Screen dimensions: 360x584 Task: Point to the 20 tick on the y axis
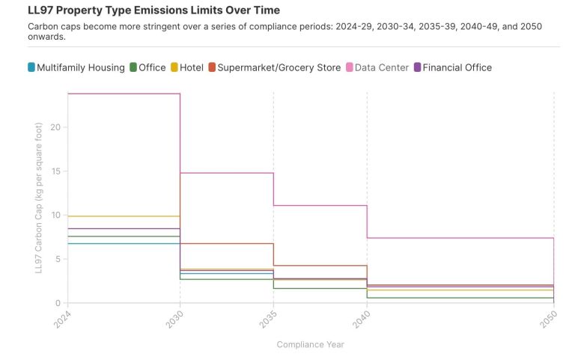click(54, 127)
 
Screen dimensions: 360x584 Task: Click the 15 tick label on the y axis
click(54, 171)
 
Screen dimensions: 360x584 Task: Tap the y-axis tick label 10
click(54, 216)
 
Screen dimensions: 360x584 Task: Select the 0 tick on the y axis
click(56, 304)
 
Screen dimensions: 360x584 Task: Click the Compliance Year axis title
click(311, 344)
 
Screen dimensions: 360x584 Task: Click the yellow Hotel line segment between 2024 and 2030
click(124, 216)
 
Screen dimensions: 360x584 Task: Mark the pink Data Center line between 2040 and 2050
click(460, 238)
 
